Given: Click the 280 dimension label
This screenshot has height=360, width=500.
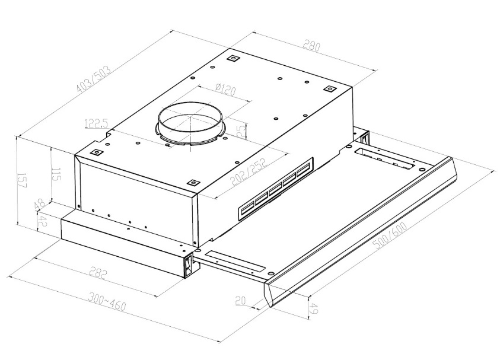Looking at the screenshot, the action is tap(311, 45).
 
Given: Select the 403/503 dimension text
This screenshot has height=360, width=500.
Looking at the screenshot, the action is tap(94, 79).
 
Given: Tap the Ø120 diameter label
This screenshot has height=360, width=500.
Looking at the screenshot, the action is tap(225, 89).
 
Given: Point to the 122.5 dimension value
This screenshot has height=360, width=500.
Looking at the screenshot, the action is tap(97, 123).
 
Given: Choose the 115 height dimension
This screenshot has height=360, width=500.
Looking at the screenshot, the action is tap(57, 174).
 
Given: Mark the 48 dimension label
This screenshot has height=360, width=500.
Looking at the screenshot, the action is tap(40, 205).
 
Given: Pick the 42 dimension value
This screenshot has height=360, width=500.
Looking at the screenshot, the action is tap(42, 221).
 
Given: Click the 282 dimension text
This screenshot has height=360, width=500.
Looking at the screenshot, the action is tap(98, 273).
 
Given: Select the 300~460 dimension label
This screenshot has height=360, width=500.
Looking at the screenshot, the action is tap(107, 301).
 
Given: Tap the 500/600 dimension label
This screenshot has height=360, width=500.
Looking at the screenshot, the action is tap(391, 235).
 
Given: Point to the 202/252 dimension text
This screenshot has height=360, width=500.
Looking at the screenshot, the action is tap(249, 172).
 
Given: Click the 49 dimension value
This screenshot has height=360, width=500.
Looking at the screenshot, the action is tap(314, 308).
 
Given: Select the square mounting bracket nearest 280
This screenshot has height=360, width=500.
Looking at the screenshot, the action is tap(329, 88).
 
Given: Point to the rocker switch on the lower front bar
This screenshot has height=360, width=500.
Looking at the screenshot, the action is tap(189, 265).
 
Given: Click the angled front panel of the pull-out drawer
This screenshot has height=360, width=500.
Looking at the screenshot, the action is tap(361, 232).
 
